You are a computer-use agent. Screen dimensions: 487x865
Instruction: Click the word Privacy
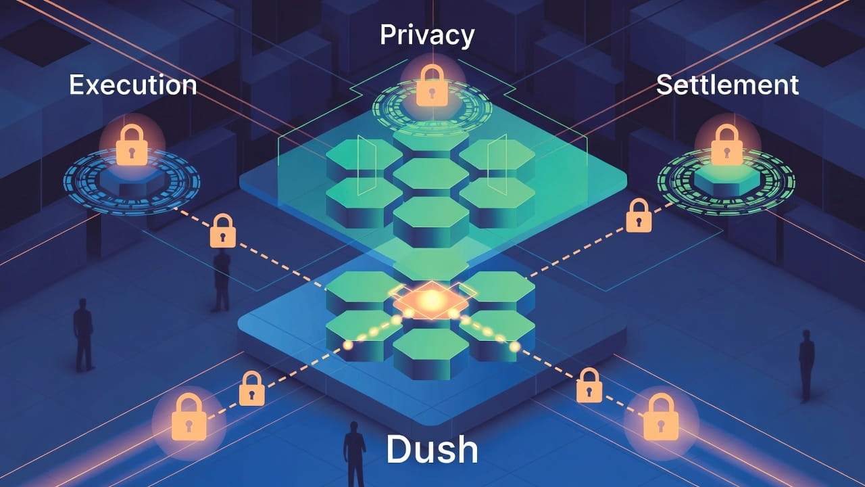pos(426,35)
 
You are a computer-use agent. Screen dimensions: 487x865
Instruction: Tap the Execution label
pos(133,85)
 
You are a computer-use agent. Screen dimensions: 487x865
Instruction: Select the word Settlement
pos(727,85)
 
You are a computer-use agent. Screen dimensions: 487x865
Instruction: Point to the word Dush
pos(432,449)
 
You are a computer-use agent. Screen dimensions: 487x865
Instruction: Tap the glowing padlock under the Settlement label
pos(727,145)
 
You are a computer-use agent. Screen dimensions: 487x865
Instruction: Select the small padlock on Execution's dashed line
pos(223,231)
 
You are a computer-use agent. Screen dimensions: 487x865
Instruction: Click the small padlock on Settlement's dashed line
pos(639,216)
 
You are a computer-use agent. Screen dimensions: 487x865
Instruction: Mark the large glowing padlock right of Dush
pos(660,417)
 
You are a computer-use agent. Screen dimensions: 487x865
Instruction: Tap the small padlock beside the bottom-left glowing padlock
pos(251,389)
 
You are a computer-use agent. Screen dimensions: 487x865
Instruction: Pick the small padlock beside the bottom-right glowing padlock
pos(589,386)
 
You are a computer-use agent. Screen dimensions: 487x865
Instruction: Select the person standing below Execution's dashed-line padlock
pos(221,280)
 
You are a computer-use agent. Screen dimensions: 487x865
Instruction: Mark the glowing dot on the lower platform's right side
pos(514,347)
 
